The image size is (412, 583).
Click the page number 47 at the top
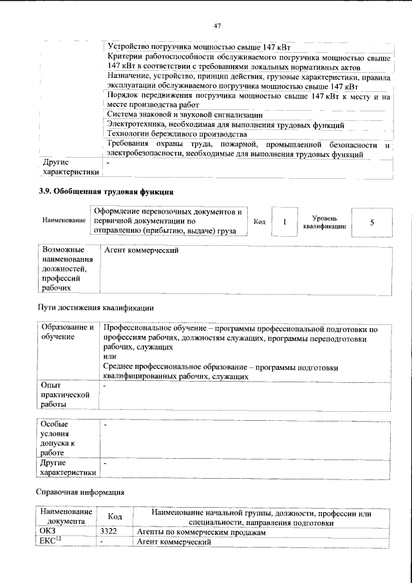pos(217,25)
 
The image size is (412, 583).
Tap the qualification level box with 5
pos(371,221)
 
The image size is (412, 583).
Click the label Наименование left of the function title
pos(64,221)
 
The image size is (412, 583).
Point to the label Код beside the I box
pos(259,222)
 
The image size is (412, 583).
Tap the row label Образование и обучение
pos(67,333)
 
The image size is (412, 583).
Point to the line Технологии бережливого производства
pos(176,134)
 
